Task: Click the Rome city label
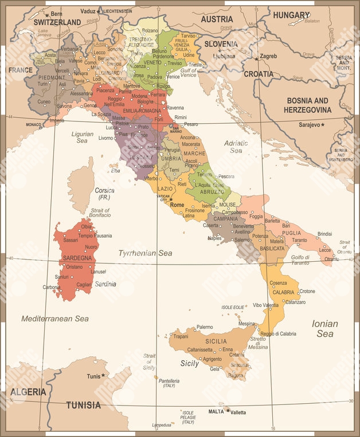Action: coord(177,204)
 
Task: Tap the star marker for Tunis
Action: coord(104,375)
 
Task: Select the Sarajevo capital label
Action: coord(309,124)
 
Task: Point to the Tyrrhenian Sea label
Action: coord(145,253)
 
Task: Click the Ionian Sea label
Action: coord(324,328)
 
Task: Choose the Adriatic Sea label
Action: coord(236,146)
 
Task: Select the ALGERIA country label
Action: coord(27,392)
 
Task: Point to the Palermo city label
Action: coord(205,327)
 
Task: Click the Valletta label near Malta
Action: coord(238,412)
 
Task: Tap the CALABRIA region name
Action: coord(283,292)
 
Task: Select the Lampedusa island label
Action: coord(162,425)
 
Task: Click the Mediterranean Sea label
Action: coord(55,318)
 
